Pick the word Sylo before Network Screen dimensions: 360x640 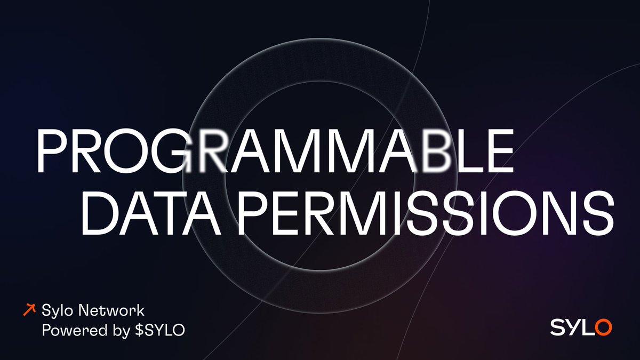coord(55,310)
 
